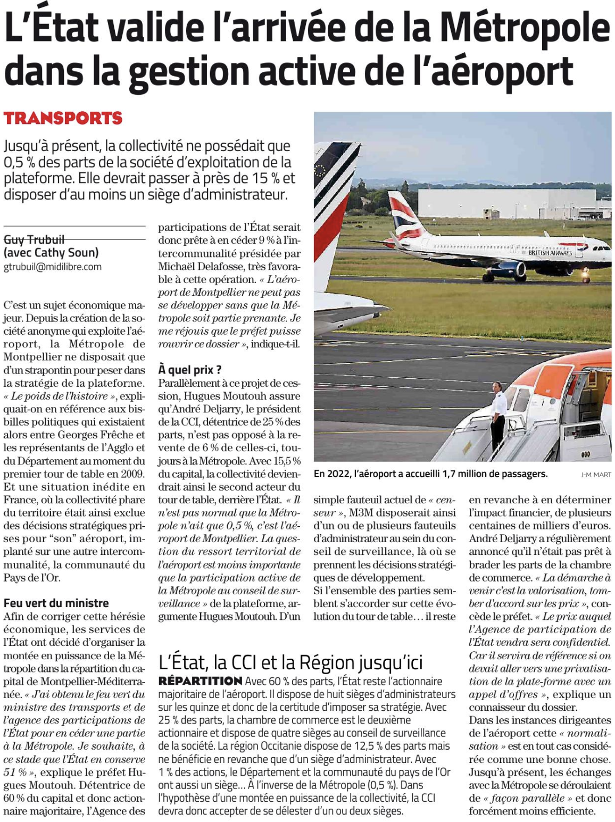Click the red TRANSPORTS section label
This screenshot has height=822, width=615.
(x=63, y=118)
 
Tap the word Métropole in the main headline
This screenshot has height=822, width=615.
(x=526, y=28)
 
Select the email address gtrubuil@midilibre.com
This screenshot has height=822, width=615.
(x=53, y=267)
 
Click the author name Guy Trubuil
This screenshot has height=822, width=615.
(x=34, y=239)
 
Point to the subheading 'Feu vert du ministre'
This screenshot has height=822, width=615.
(x=56, y=603)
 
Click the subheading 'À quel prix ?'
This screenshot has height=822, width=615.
(x=189, y=370)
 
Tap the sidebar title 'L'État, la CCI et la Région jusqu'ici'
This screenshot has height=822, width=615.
(x=290, y=662)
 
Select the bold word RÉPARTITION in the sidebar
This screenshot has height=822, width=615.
(x=200, y=681)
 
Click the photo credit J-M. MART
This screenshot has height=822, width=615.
(x=596, y=475)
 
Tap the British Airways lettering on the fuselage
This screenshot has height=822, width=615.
(x=550, y=253)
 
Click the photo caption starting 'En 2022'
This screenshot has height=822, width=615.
(x=430, y=474)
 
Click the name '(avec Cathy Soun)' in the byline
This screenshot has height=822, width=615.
(x=51, y=253)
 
